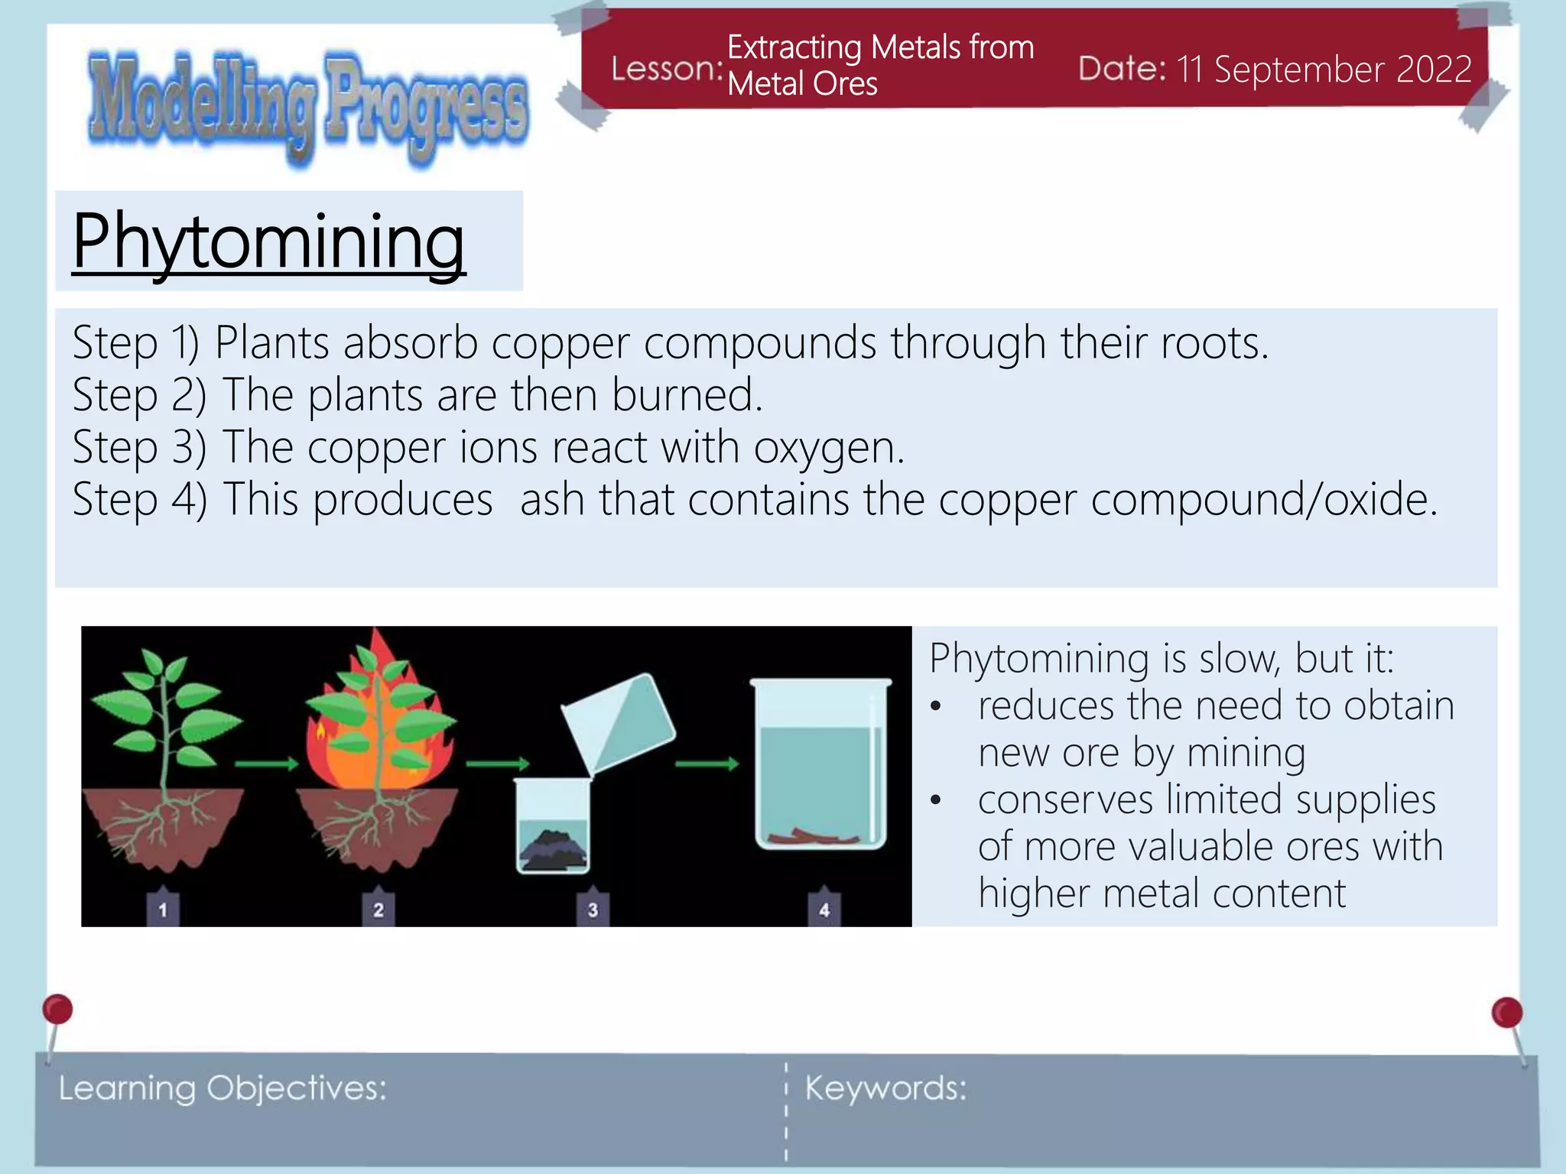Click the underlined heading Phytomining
point(268,242)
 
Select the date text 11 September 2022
point(1324,70)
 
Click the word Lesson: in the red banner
point(666,70)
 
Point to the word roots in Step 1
point(1213,342)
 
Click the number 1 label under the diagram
point(163,909)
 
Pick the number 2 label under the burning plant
point(379,909)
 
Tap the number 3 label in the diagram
point(593,909)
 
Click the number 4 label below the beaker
point(824,909)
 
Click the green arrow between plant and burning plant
point(266,764)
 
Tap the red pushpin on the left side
point(57,1010)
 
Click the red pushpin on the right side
point(1506,1013)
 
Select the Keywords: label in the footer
point(885,1088)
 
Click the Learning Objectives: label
point(223,1088)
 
